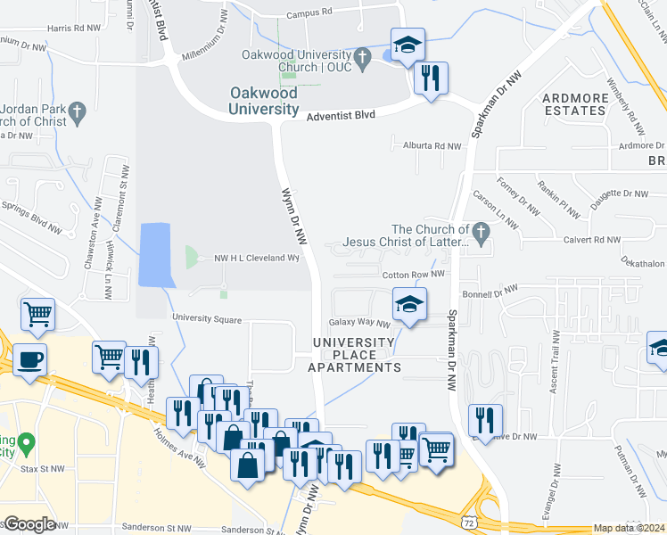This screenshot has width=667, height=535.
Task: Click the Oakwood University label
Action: pos(263,101)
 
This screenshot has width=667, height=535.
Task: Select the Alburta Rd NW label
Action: pos(432,145)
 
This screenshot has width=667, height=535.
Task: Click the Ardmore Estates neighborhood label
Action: pos(573,103)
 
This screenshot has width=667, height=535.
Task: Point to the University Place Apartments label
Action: pos(354,355)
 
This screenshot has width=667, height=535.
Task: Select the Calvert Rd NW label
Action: pos(591,240)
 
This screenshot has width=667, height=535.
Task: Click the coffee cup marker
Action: pos(30,360)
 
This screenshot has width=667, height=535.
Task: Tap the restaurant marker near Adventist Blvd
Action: pos(431,78)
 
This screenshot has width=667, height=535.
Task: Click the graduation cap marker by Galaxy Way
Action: pos(409,305)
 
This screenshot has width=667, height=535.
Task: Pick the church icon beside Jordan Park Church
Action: pos(77,112)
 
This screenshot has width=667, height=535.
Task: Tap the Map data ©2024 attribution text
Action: pos(629,528)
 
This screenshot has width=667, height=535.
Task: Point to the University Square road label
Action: pos(208,318)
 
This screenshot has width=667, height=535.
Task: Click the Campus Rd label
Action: pos(309,13)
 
